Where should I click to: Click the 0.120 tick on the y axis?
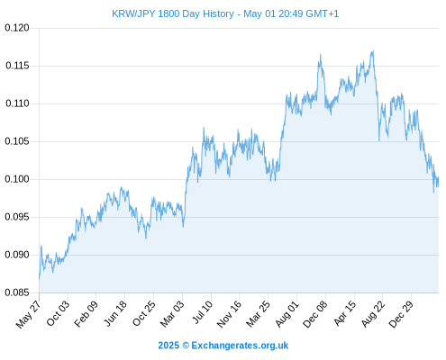17,28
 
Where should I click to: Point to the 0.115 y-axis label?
17,66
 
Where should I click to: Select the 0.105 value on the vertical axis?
17,141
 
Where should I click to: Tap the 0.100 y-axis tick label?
17,179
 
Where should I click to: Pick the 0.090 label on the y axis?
17,255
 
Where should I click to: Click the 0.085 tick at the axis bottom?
17,292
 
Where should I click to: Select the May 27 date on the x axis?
29,314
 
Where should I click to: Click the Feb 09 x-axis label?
86,314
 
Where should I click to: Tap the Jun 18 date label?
115,314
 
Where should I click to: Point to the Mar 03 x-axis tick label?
172,314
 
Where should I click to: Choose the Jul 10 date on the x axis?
202,312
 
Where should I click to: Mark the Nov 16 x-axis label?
229,314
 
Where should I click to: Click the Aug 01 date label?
287,314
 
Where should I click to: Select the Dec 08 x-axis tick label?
315,314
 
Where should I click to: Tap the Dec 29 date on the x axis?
401,314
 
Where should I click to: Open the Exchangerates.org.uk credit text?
240,346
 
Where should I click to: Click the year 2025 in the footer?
168,346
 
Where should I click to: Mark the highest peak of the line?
373,50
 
